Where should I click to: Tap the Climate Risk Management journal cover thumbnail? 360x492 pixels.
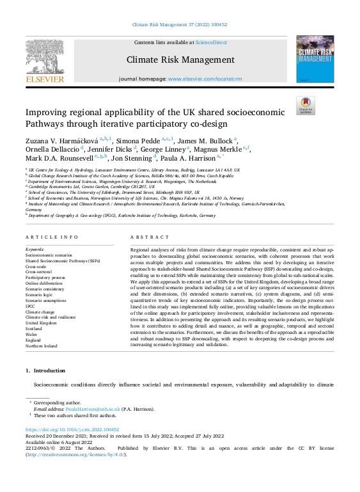click(x=315, y=58)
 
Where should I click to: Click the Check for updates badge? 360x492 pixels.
click(x=306, y=106)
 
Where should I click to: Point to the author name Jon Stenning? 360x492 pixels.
click(x=134, y=157)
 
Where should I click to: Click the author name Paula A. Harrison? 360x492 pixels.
click(x=187, y=157)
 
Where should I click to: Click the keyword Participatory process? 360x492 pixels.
click(x=45, y=277)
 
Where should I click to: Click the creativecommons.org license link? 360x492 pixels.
click(x=75, y=454)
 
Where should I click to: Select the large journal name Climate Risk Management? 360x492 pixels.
click(x=180, y=60)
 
